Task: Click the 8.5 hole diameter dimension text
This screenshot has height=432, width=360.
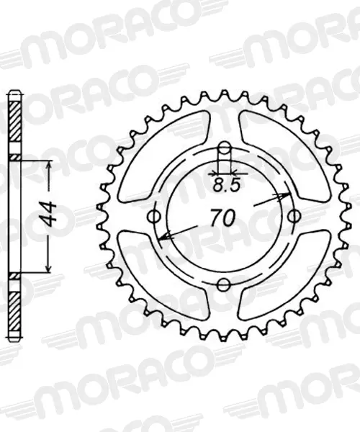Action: [227, 185]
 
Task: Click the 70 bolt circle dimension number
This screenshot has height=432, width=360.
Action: [223, 217]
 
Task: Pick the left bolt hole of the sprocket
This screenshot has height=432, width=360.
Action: [154, 217]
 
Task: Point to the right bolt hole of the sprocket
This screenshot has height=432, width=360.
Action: [294, 216]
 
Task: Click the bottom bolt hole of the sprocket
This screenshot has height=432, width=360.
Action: [224, 284]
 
